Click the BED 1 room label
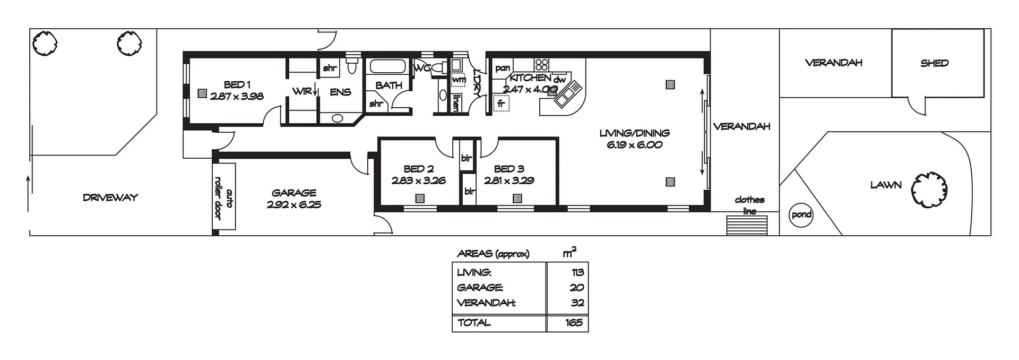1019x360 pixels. tap(237, 84)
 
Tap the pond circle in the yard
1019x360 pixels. tap(801, 215)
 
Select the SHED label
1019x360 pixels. tap(934, 63)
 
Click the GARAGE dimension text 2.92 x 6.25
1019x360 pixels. tap(293, 204)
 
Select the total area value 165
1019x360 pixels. tap(574, 322)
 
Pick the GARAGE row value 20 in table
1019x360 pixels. tap(576, 287)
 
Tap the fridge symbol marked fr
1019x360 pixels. tap(500, 104)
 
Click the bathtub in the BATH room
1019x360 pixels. tap(387, 67)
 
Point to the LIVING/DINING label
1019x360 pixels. tap(634, 133)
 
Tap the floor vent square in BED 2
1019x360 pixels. tap(420, 199)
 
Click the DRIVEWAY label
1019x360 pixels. tap(110, 198)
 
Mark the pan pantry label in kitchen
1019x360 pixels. tap(502, 68)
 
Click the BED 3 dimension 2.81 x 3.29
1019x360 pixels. tap(508, 181)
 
